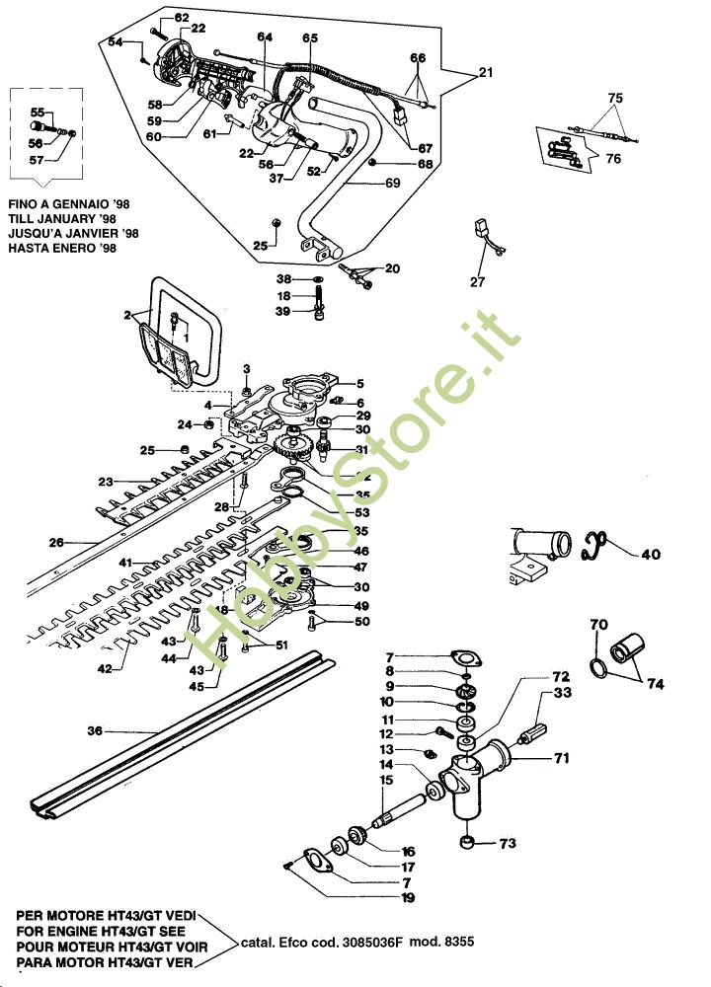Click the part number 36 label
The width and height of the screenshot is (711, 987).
tap(95, 731)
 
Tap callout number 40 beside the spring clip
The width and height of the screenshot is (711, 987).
tap(651, 554)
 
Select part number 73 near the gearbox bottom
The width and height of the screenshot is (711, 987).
tap(507, 844)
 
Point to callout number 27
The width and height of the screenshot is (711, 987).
tap(478, 281)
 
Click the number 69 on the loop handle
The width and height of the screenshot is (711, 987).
tap(392, 184)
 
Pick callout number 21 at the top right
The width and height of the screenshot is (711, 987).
tap(484, 73)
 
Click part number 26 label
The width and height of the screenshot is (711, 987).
tap(56, 542)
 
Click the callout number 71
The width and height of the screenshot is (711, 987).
tap(561, 759)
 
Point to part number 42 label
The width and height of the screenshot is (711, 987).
tap(104, 668)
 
